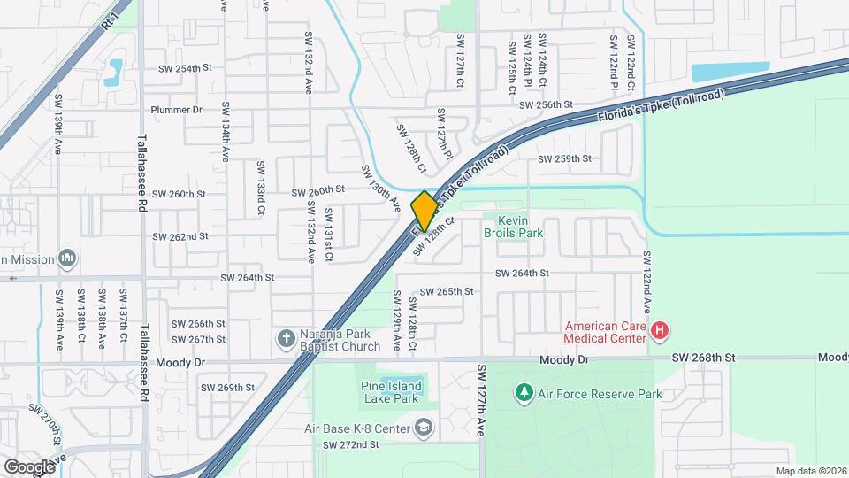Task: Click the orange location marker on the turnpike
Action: click(x=424, y=211)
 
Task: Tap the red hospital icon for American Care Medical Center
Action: click(x=659, y=333)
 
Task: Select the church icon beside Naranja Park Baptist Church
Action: click(x=286, y=337)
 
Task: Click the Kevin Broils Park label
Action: click(x=513, y=227)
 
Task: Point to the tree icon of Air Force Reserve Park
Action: click(x=523, y=392)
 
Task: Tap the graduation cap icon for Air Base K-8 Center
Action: click(x=424, y=428)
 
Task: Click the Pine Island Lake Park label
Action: click(x=389, y=392)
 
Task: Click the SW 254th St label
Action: click(x=185, y=68)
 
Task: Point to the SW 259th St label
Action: click(x=565, y=159)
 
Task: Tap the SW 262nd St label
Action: click(x=180, y=236)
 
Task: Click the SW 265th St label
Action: click(x=447, y=291)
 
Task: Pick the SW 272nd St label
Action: click(x=350, y=444)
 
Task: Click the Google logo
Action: click(x=29, y=466)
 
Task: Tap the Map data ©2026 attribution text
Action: click(x=811, y=471)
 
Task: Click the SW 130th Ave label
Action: click(x=381, y=188)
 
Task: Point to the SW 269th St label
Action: click(x=227, y=388)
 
